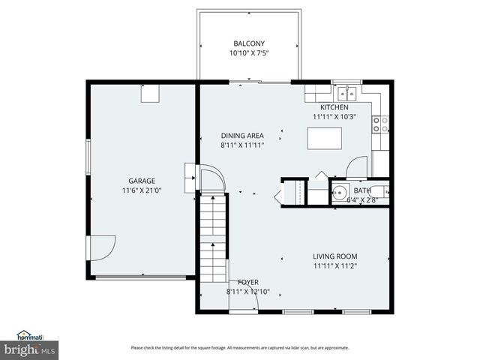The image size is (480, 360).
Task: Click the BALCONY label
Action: point(248,43)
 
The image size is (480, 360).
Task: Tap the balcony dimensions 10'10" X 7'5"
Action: point(248,53)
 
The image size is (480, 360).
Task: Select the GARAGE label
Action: point(141,181)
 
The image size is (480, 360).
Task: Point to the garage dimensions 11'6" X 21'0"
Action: point(141,190)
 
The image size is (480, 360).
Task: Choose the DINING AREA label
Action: point(241,135)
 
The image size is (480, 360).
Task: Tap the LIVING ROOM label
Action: point(334,256)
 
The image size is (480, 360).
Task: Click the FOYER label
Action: point(238,282)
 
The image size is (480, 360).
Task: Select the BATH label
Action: point(362,190)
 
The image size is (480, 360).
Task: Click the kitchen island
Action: point(325,138)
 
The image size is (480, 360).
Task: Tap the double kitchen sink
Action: point(346,93)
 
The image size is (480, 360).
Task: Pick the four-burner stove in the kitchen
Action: point(380,124)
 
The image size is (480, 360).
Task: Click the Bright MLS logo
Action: point(28,349)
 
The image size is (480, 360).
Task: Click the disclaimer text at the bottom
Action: point(240,347)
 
